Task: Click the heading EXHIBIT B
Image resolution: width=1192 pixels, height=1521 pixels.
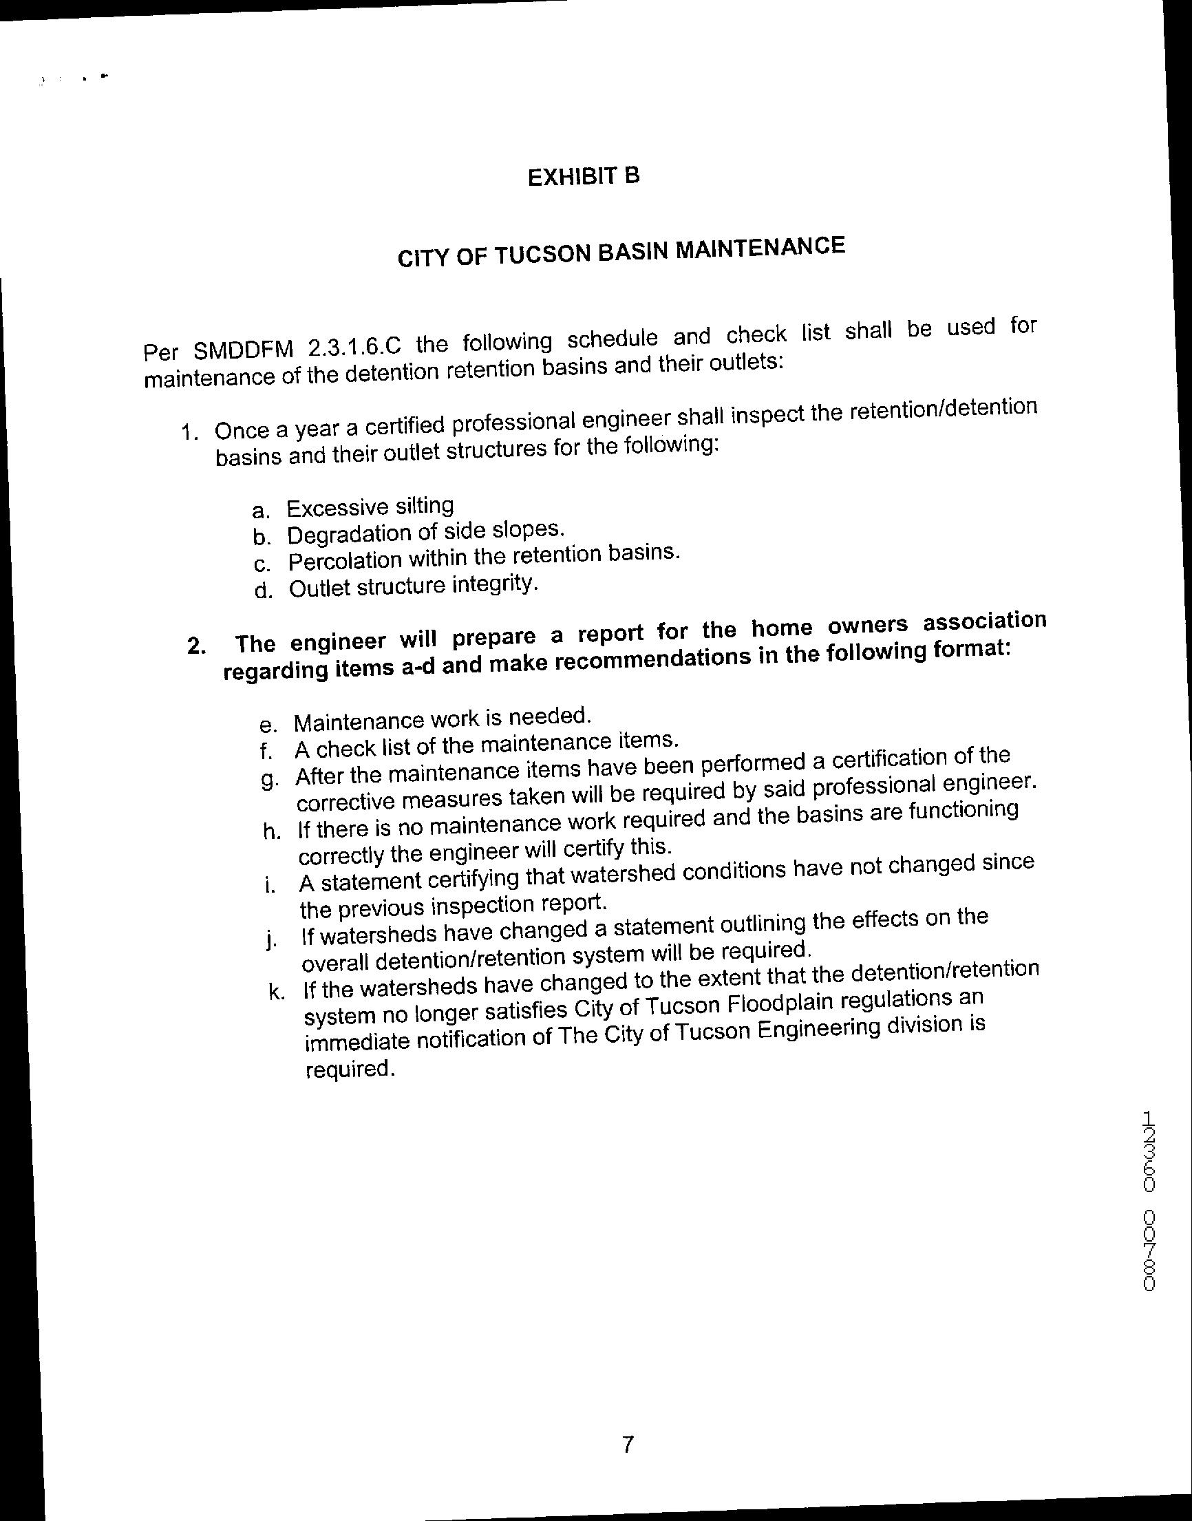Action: (584, 177)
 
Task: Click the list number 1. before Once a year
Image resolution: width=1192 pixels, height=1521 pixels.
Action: (190, 432)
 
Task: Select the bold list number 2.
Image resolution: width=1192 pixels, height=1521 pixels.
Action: (196, 646)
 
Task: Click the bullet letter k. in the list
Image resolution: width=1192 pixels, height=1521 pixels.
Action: (277, 992)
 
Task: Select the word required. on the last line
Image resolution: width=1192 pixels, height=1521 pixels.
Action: (350, 1069)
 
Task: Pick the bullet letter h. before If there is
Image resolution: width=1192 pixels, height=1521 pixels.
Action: (272, 831)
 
